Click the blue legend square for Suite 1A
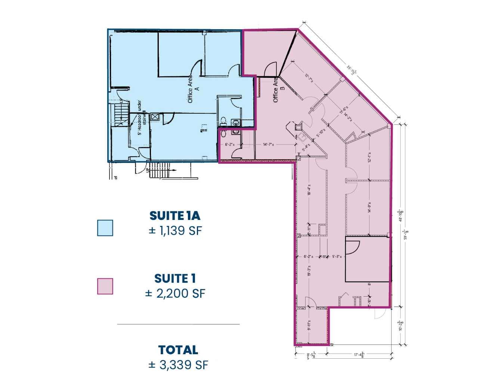point(105,228)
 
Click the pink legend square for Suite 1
point(105,286)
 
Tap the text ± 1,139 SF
point(175,230)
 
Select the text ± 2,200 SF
point(175,293)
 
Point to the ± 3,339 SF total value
point(178,364)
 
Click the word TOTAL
point(178,350)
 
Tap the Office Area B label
point(279,90)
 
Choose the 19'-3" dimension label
point(309,270)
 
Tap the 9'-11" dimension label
point(309,326)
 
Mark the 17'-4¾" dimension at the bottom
point(359,355)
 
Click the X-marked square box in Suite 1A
point(155,117)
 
